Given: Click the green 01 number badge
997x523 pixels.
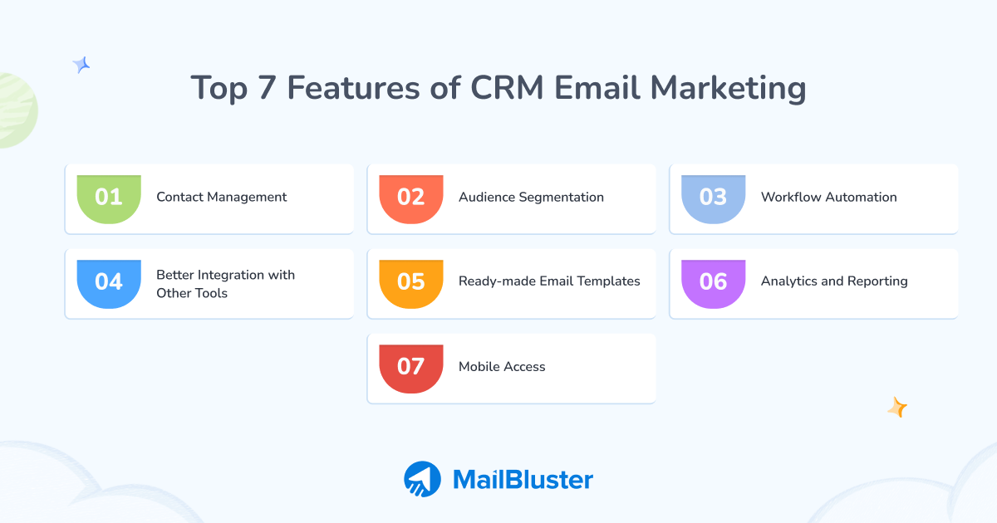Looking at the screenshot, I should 109,198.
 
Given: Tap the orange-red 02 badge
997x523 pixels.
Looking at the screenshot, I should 411,198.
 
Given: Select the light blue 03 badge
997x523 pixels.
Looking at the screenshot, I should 714,198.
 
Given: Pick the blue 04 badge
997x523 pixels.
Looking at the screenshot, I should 109,282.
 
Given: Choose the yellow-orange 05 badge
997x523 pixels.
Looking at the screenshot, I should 411,282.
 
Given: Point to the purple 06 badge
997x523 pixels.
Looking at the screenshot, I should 714,282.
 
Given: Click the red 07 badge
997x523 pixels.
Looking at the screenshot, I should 411,367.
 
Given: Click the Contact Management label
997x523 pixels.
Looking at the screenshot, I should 222,198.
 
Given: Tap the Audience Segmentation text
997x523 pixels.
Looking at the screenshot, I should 531,198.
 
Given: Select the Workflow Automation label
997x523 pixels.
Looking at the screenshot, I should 828,198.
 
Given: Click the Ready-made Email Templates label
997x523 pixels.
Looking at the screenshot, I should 549,281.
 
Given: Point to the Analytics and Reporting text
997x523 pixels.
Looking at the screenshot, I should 834,281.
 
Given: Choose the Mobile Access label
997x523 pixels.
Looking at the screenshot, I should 502,367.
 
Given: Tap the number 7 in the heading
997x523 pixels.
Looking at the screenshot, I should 266,88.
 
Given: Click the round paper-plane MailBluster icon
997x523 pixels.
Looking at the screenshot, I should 422,479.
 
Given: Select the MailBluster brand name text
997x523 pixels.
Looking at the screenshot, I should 523,479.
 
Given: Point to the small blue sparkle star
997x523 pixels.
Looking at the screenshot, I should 81,65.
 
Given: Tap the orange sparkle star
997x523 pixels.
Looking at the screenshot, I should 897,407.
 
